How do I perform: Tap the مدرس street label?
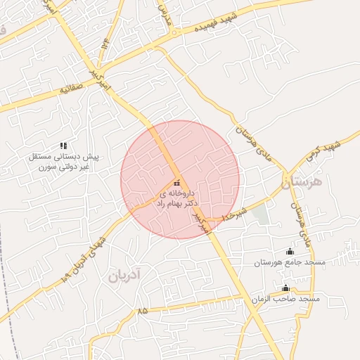click(x=165, y=13)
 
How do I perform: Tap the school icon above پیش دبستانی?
click(x=64, y=146)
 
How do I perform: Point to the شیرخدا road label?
click(x=235, y=214)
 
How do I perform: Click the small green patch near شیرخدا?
click(x=262, y=214)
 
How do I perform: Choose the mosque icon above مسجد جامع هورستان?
click(x=290, y=252)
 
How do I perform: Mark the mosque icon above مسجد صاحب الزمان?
click(x=285, y=288)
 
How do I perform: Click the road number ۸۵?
click(x=143, y=309)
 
